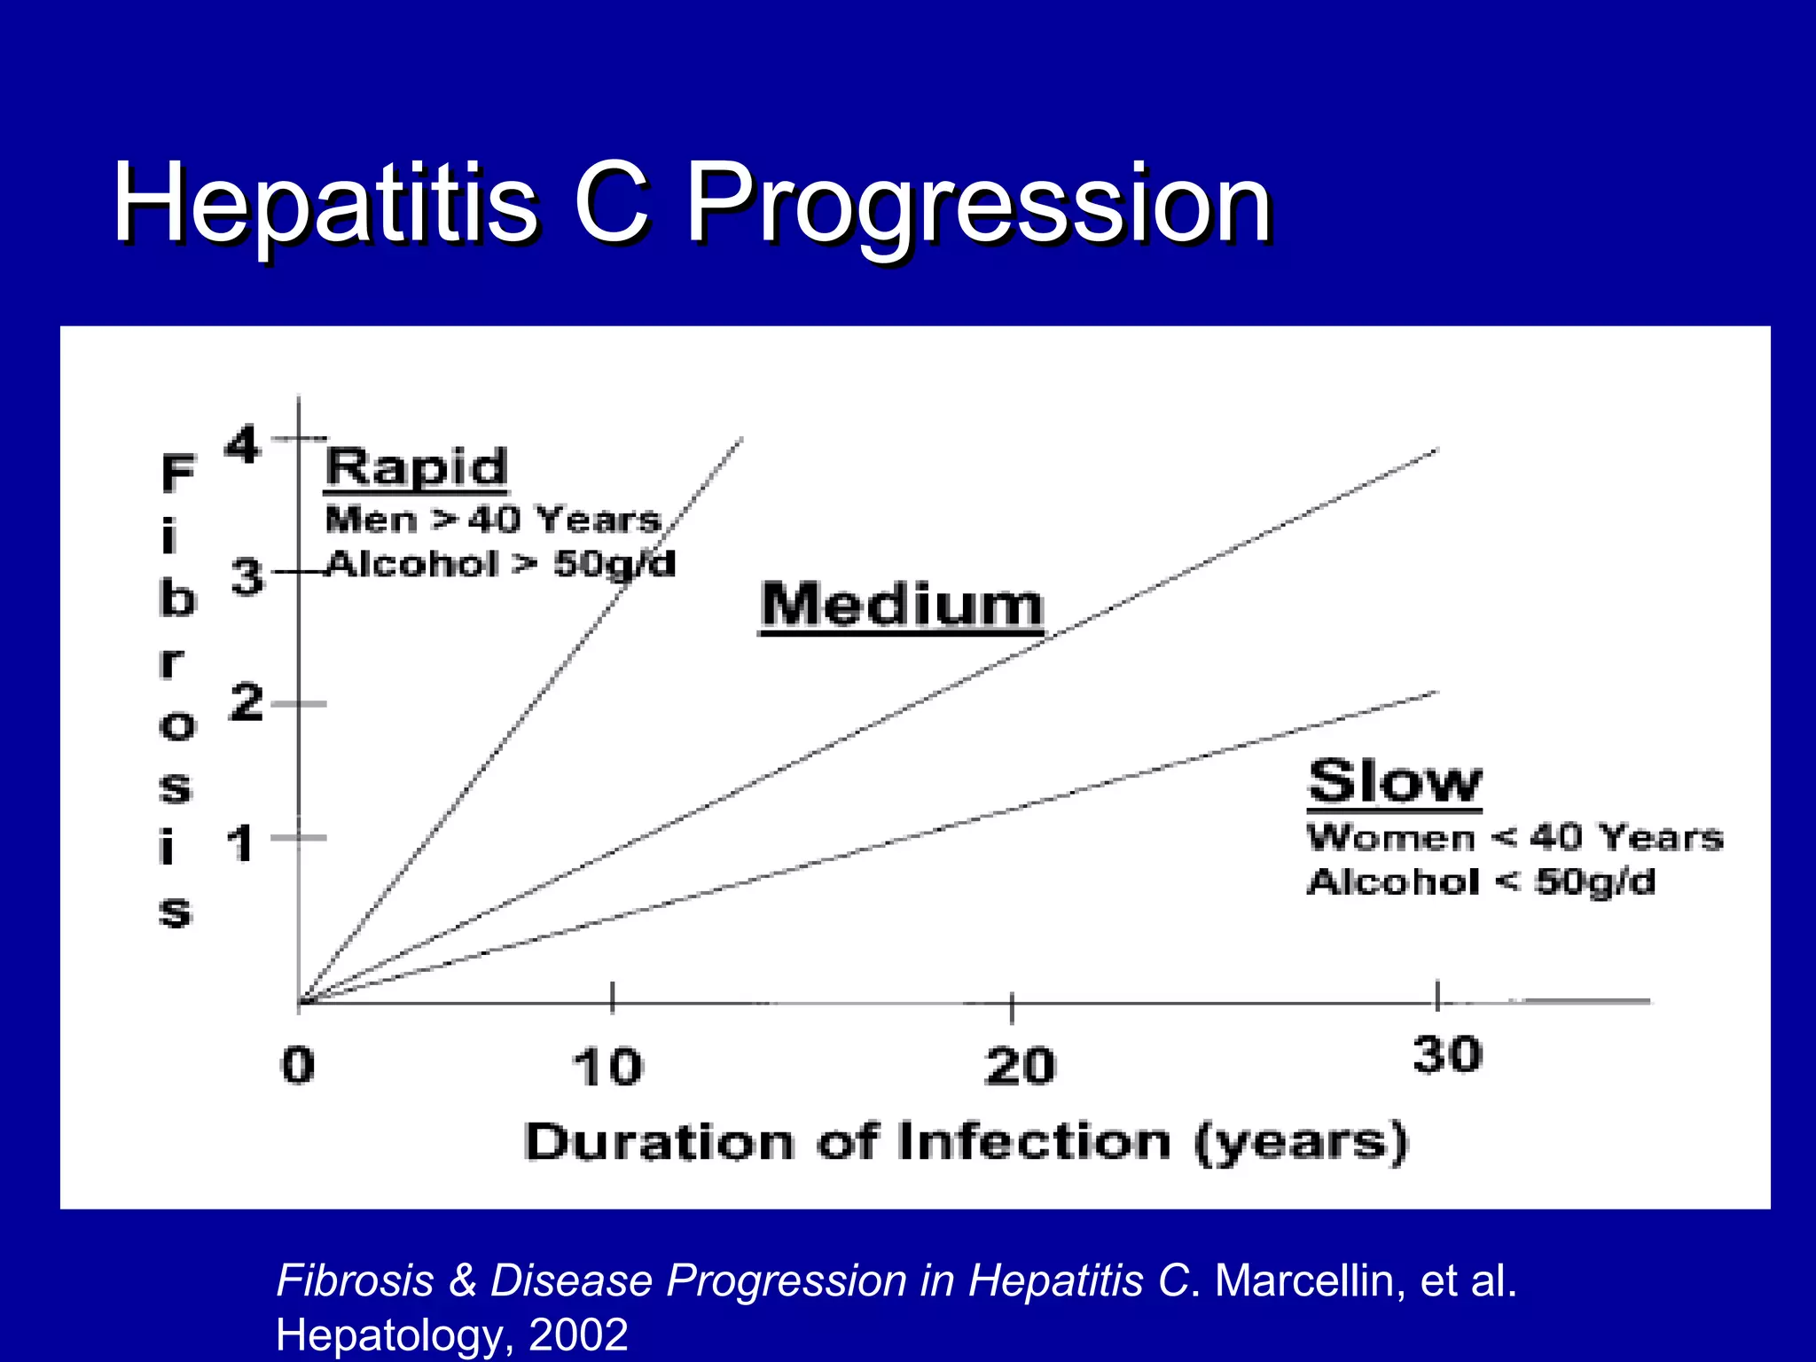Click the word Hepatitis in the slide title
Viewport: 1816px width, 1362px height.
click(325, 204)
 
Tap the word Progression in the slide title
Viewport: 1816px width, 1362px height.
click(979, 206)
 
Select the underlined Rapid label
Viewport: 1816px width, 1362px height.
click(417, 467)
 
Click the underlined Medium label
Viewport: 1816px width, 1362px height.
click(902, 606)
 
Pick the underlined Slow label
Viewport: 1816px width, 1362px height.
click(1394, 782)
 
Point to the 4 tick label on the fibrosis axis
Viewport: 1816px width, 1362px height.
click(241, 444)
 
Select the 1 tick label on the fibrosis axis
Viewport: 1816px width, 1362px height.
click(240, 843)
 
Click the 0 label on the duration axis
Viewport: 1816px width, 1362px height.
click(298, 1065)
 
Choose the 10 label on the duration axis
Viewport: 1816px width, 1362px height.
click(607, 1067)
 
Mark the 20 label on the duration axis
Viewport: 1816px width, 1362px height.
click(1020, 1066)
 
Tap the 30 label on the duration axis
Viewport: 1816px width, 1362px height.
click(1447, 1055)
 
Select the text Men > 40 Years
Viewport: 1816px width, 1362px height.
click(493, 520)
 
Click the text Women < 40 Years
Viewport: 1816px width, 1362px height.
click(1515, 837)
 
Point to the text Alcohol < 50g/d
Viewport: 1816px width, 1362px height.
click(1481, 882)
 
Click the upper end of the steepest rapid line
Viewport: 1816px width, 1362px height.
click(740, 440)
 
